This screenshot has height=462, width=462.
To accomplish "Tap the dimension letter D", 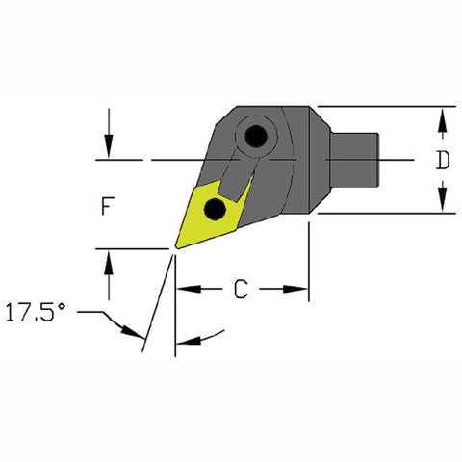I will pyautogui.click(x=442, y=161).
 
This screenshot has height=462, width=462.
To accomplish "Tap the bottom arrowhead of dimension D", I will pyautogui.click(x=442, y=205).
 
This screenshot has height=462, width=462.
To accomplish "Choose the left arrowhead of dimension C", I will pyautogui.click(x=185, y=288).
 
